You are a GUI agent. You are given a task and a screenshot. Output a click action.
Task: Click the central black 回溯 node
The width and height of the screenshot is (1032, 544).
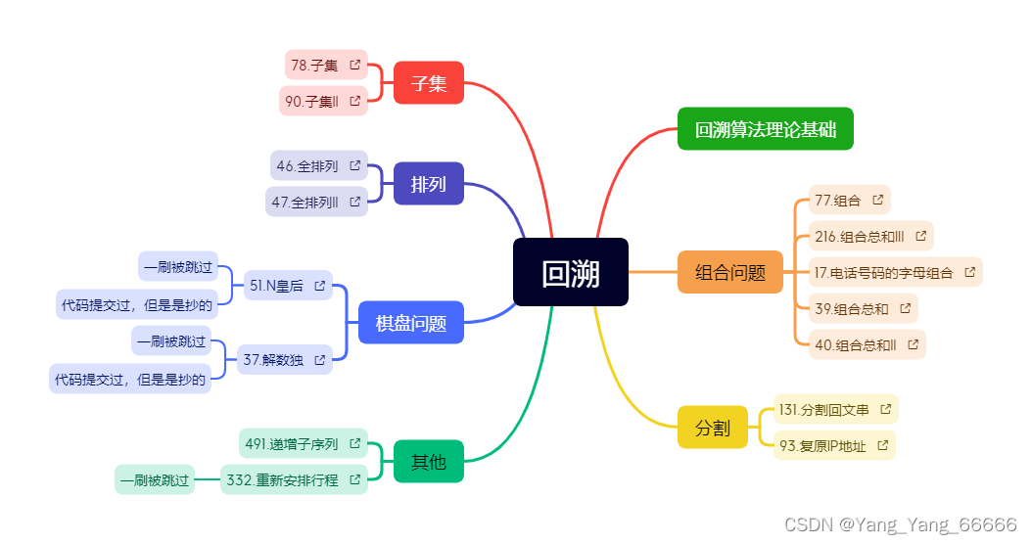coord(570,272)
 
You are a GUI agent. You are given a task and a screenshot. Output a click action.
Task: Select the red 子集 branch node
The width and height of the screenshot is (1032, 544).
coord(428,82)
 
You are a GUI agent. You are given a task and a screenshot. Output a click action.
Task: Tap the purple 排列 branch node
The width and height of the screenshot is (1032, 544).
coord(428,184)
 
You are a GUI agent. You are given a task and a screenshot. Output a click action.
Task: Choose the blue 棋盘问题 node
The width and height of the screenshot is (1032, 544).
coord(410,323)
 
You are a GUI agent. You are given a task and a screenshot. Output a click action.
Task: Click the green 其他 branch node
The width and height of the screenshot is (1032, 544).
coord(428,462)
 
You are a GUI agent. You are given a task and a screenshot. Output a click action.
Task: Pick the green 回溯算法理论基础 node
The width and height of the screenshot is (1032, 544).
coord(765,129)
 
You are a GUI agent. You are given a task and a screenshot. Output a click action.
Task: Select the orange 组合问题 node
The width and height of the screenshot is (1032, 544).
coord(729,272)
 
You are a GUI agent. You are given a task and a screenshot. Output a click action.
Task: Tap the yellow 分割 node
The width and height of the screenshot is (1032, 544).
coord(712,428)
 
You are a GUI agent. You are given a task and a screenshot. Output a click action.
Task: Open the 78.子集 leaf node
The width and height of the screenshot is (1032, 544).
coord(315,66)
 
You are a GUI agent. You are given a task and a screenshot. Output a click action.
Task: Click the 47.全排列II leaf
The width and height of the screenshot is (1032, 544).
coord(307,203)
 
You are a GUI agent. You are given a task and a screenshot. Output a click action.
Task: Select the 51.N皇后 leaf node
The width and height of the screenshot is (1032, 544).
coord(277,286)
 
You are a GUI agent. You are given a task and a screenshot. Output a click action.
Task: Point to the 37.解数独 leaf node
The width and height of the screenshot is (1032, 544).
coord(273,360)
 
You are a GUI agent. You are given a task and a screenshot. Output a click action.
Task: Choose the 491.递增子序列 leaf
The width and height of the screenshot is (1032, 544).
coord(292,444)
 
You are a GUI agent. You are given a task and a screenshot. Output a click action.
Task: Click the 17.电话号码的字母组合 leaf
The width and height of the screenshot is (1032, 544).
coord(884,272)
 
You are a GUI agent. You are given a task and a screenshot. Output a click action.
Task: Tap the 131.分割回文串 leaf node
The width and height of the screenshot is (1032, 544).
coord(823,409)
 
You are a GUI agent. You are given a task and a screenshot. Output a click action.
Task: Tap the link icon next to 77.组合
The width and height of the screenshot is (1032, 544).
coord(877,200)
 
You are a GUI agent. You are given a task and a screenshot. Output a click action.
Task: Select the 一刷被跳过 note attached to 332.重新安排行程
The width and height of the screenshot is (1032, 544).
coord(155,480)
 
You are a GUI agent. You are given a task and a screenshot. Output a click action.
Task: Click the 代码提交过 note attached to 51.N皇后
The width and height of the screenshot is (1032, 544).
coord(137,304)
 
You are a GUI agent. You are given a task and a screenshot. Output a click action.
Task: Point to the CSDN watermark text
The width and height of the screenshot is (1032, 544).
coord(901,524)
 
